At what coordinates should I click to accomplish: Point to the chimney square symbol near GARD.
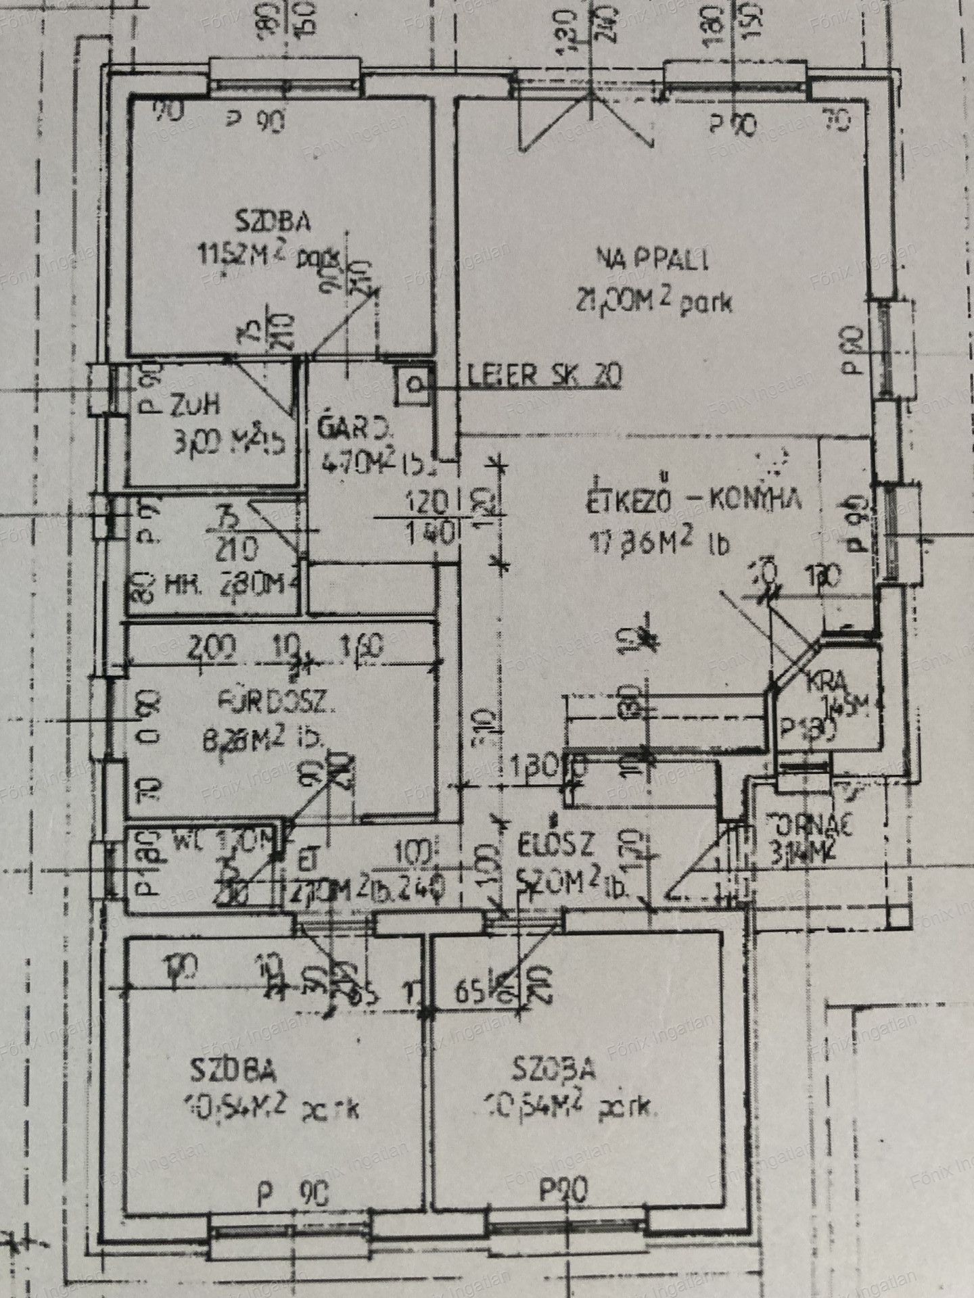click(413, 386)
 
